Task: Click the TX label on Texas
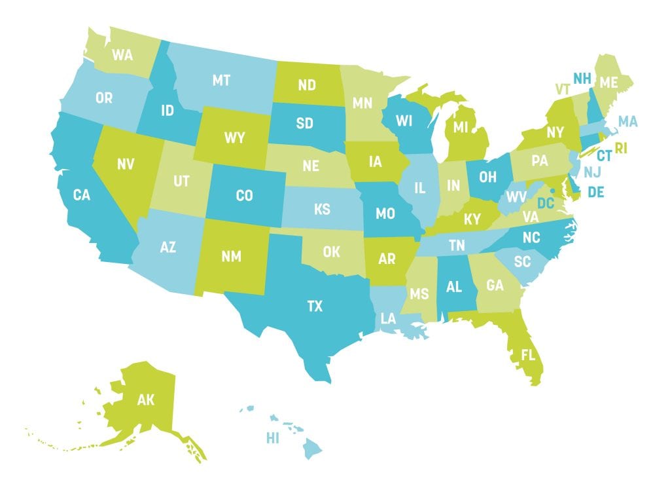pos(315,306)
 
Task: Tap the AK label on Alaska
pos(145,400)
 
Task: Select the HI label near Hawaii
pos(272,438)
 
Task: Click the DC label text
pos(546,204)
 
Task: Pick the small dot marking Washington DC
pos(553,191)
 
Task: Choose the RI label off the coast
pos(620,149)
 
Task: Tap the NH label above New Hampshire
pos(582,79)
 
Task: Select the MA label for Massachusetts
pos(627,121)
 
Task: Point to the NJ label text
pos(591,172)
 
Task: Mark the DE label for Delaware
pos(595,191)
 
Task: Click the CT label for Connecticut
pos(603,156)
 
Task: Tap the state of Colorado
pos(243,195)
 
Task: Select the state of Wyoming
pos(234,138)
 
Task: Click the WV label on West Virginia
pos(517,197)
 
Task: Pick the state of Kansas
pos(322,209)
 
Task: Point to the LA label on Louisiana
pos(389,318)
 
